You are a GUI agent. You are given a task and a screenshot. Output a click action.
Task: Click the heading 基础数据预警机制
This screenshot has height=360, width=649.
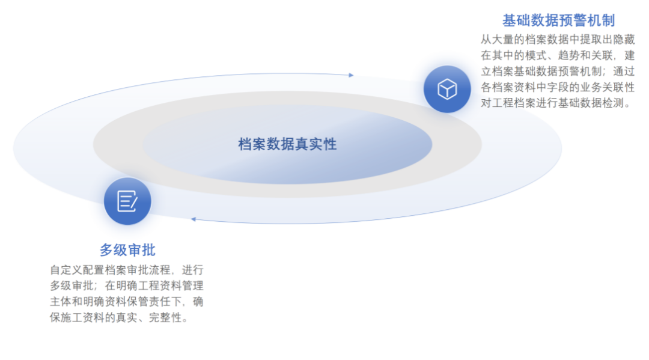558,21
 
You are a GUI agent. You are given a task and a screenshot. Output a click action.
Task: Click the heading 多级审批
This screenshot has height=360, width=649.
127,250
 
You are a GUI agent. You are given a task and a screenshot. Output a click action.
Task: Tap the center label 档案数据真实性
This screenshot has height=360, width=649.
287,144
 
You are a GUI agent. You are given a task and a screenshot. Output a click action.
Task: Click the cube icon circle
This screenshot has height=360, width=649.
446,90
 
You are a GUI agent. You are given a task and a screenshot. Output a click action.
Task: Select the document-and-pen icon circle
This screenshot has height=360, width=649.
127,201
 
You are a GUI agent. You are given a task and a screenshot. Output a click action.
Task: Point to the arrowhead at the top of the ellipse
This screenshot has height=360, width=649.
351,75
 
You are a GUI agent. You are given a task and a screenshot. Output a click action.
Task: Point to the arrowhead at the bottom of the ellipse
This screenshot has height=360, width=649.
193,219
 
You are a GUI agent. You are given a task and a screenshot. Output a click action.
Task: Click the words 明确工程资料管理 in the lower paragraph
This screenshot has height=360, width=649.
160,285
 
